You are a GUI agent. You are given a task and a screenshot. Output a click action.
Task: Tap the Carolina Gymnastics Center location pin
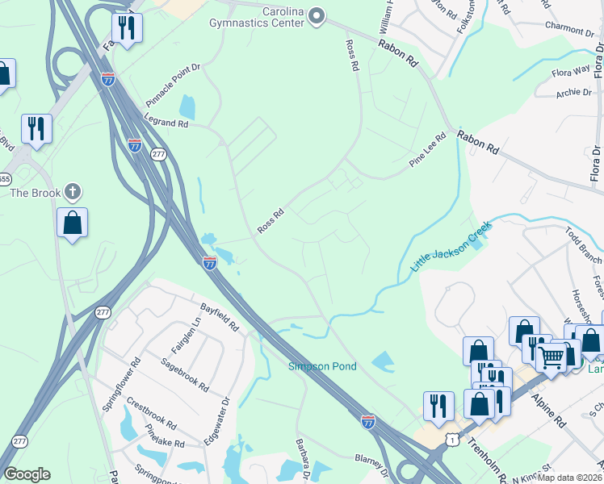(x=317, y=15)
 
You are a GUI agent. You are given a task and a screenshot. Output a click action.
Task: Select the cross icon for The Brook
(x=72, y=192)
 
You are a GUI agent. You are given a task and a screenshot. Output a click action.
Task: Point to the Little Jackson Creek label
(x=450, y=247)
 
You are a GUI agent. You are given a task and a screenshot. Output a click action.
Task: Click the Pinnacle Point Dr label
(x=172, y=85)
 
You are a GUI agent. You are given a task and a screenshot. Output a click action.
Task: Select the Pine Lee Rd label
(x=427, y=150)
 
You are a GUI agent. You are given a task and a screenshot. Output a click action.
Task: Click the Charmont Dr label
(x=568, y=30)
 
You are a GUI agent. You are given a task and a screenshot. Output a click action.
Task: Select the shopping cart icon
(x=552, y=356)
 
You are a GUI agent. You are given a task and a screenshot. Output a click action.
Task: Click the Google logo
(x=26, y=474)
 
